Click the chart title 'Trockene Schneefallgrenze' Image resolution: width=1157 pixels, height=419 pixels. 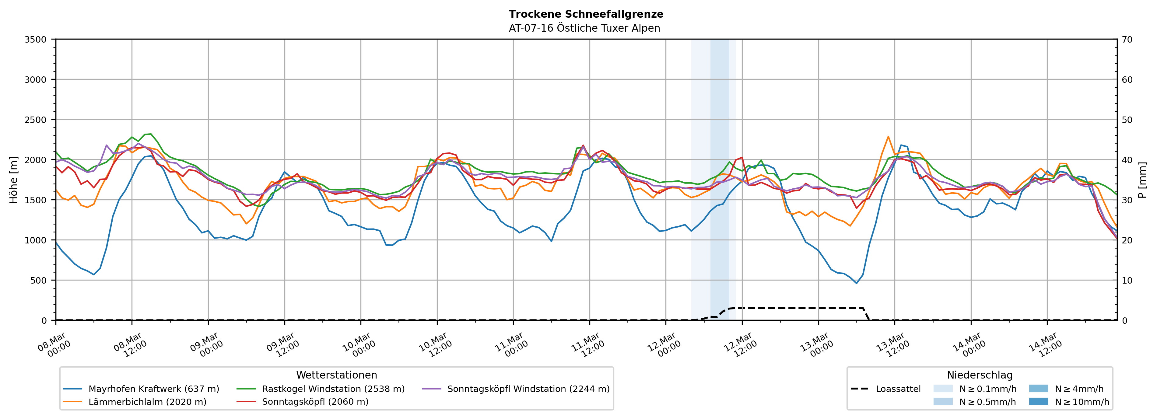point(586,14)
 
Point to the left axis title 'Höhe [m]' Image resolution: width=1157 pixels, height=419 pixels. point(14,180)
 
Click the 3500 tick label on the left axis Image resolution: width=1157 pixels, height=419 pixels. point(36,40)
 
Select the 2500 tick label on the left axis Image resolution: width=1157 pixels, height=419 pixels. point(36,120)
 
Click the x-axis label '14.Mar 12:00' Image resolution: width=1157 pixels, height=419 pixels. point(1046,345)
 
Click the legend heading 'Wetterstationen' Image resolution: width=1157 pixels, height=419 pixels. point(336,375)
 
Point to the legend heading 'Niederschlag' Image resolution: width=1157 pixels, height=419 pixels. point(980,375)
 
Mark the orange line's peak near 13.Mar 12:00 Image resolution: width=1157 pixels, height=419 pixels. point(888,137)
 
